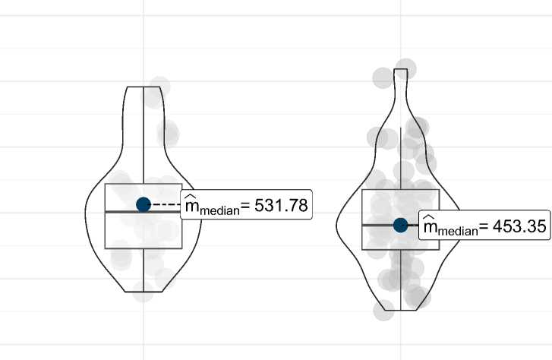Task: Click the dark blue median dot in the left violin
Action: [144, 204]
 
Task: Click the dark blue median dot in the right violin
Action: [401, 225]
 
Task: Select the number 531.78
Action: [281, 205]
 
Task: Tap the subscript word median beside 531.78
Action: [219, 211]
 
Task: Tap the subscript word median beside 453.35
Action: [458, 232]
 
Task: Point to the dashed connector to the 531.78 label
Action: [166, 204]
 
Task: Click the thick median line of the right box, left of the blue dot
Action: [377, 225]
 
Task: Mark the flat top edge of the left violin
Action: [144, 87]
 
